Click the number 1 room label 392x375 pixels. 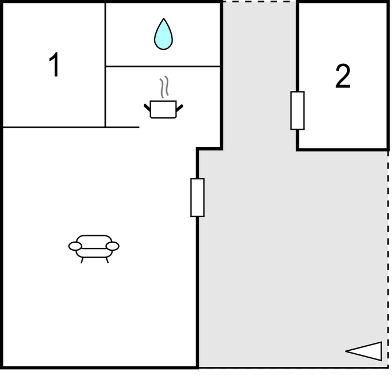point(54,64)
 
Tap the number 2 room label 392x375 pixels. point(343,76)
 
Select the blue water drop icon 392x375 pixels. point(163,34)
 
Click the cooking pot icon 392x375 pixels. point(163,109)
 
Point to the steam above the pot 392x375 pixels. point(164,87)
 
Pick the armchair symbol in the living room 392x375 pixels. point(94,249)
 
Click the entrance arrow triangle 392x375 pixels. point(364,351)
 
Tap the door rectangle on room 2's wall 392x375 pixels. point(298,110)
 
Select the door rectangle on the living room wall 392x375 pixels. point(198,197)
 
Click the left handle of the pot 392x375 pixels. point(147,108)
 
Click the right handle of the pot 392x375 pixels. point(180,108)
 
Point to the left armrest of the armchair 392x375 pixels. point(75,246)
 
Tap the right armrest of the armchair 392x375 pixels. point(113,246)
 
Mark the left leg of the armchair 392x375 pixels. point(82,260)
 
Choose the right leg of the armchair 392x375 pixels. point(107,260)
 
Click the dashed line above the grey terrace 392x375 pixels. point(259,2)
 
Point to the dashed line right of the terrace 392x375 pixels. point(388,259)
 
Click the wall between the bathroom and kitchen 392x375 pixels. point(163,66)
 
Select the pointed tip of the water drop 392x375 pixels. point(163,18)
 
